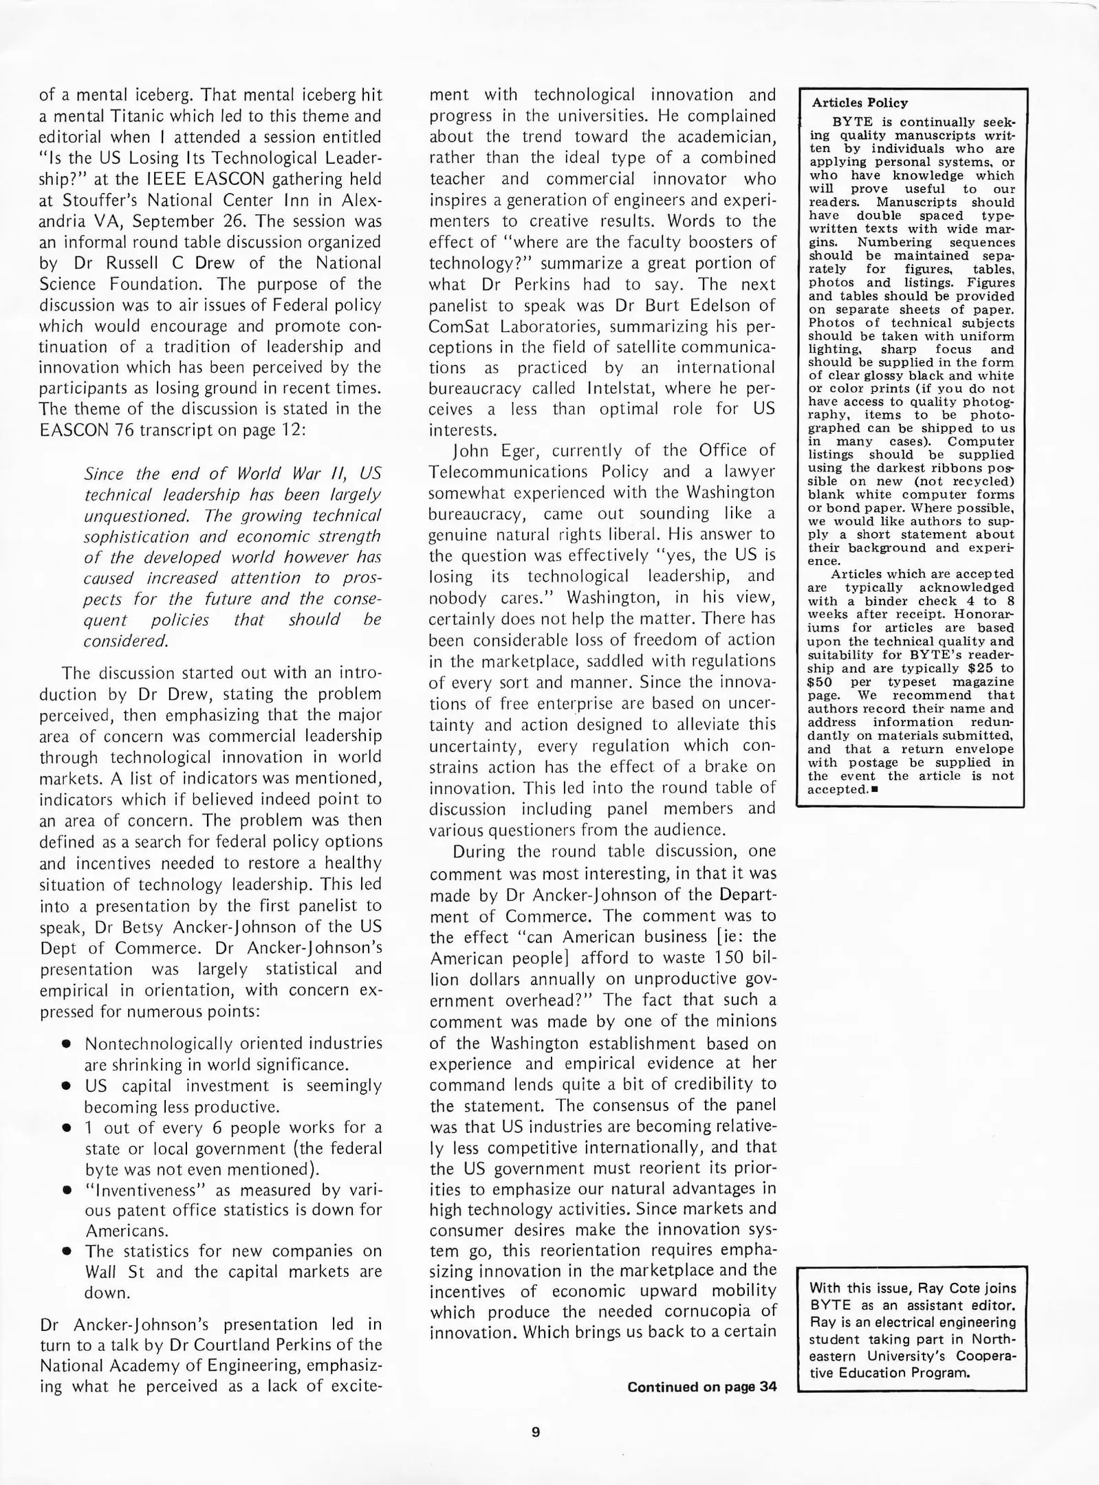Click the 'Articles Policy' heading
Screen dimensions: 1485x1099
click(859, 103)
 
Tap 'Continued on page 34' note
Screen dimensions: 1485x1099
click(701, 1387)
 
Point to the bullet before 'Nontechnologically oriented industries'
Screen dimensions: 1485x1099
click(67, 1044)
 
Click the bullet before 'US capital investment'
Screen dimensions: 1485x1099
click(67, 1086)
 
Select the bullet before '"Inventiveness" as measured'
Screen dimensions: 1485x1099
click(67, 1191)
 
